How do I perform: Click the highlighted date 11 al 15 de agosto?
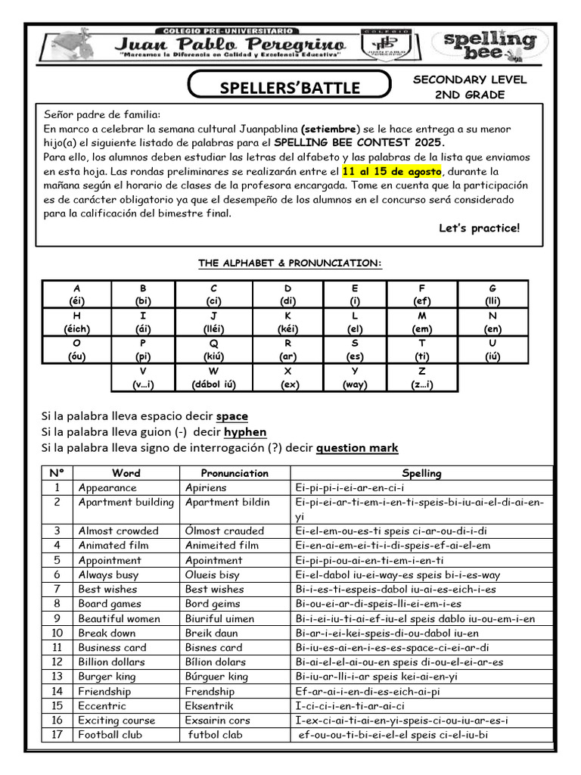coord(390,172)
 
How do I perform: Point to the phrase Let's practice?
coord(479,228)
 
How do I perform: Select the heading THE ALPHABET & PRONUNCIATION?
coord(290,263)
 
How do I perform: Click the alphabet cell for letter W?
coord(215,377)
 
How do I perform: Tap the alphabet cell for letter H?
coord(77,322)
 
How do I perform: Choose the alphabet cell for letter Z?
coord(421,377)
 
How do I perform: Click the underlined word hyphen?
coord(245,431)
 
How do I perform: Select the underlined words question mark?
coord(356,447)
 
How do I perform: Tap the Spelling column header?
coord(421,473)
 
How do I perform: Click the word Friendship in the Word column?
coord(104,691)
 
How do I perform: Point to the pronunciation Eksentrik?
coord(210,705)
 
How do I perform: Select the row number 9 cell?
coord(57,618)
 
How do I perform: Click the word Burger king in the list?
coord(107,677)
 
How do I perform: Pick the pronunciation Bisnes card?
coord(213,647)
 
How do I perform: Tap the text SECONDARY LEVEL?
coord(470,79)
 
